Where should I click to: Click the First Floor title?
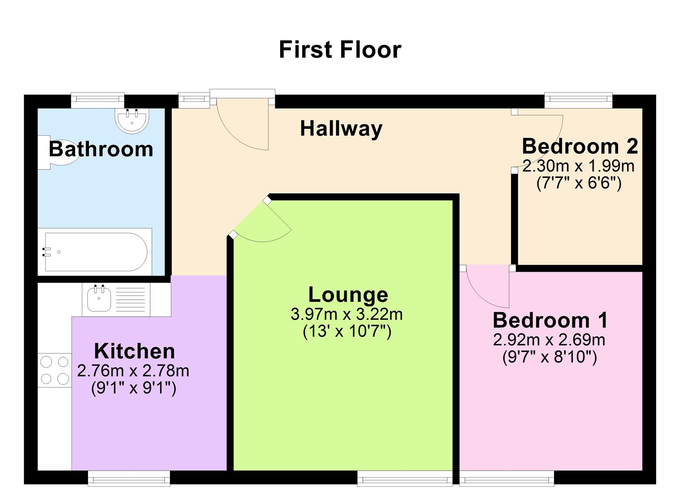coord(340,49)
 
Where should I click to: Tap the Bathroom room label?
coord(101,149)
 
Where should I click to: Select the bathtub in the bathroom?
coord(95,252)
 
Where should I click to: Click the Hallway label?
coord(341,129)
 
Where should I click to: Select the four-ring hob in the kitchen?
coord(54,370)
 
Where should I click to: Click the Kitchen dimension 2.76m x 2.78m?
coord(133,370)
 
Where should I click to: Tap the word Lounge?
coord(348,295)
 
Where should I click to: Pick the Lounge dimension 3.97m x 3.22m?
coord(347,314)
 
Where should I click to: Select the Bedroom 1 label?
coord(550,320)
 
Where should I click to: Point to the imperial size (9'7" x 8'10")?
coord(549,357)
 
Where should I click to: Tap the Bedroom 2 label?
coord(580,147)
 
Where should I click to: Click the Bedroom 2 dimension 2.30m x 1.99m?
coord(578,166)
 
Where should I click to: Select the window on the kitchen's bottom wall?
coord(129,479)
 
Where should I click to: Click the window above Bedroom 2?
coord(578,99)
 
